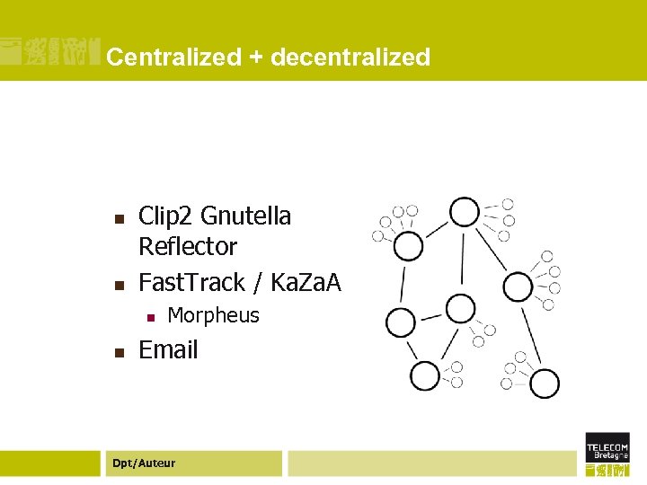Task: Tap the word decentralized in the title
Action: (350, 57)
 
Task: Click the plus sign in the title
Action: (256, 58)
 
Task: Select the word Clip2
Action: (166, 216)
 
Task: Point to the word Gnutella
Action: (246, 216)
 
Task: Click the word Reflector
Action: (188, 247)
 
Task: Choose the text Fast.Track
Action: (191, 283)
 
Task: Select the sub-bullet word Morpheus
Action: (213, 316)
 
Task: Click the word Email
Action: (168, 350)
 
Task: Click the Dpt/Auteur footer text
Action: (143, 463)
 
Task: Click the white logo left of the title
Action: (49, 54)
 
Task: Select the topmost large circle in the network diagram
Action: (465, 212)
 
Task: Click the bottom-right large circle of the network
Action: (545, 384)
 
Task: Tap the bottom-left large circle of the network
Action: (424, 375)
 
